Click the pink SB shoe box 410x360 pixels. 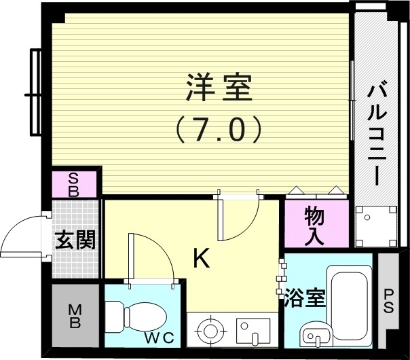click(74, 184)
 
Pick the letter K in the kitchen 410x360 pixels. click(201, 257)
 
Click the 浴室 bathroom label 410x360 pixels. click(305, 298)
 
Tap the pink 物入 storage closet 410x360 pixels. click(314, 225)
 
